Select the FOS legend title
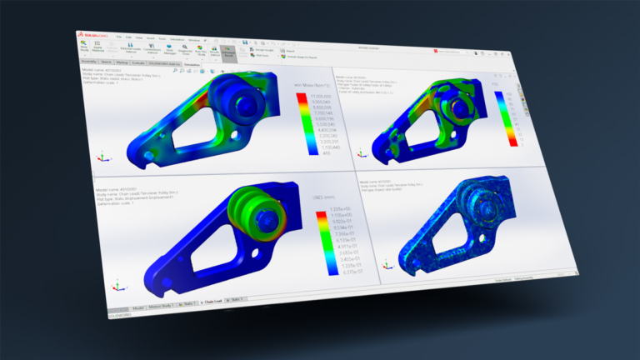(497, 84)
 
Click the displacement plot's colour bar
(321, 241)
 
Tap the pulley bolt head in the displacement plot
(266, 218)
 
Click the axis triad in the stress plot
(102, 155)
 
